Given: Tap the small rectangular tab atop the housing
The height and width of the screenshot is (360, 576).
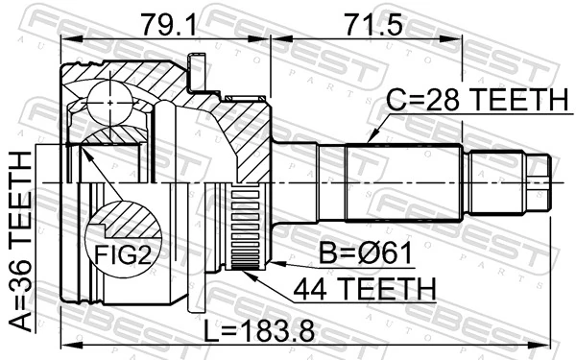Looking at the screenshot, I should tap(198, 71).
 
